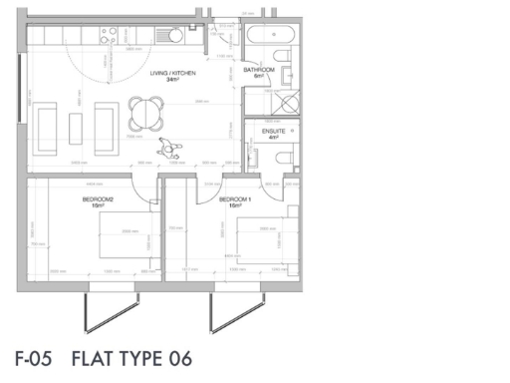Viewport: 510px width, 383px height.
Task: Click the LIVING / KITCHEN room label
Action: pos(171,73)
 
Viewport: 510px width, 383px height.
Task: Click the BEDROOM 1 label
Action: pos(243,199)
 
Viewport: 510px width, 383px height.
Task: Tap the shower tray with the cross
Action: pos(281,104)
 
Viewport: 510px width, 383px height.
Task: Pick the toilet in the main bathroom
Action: pos(289,75)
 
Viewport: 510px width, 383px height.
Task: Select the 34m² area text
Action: pos(171,80)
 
